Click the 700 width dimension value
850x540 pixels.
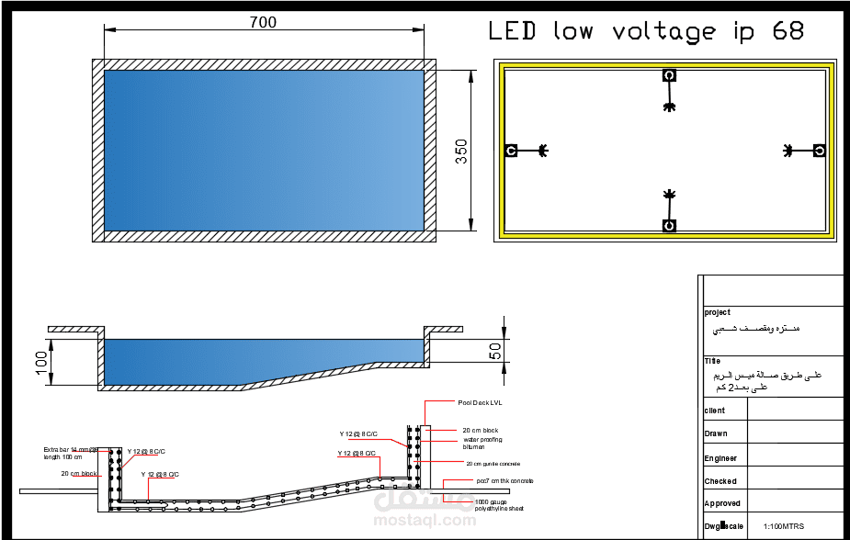click(263, 22)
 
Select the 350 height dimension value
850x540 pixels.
click(461, 151)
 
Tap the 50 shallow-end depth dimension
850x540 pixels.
click(493, 351)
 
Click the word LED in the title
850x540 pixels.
click(512, 31)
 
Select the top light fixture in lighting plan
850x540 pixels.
click(669, 76)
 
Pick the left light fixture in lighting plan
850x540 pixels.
click(511, 150)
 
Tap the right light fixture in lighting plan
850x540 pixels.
click(819, 150)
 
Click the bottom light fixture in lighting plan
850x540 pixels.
click(669, 225)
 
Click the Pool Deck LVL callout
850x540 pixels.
click(481, 401)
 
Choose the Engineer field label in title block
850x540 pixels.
click(720, 458)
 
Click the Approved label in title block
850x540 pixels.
click(721, 503)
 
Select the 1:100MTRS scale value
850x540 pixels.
click(783, 526)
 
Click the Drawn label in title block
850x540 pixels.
click(715, 433)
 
